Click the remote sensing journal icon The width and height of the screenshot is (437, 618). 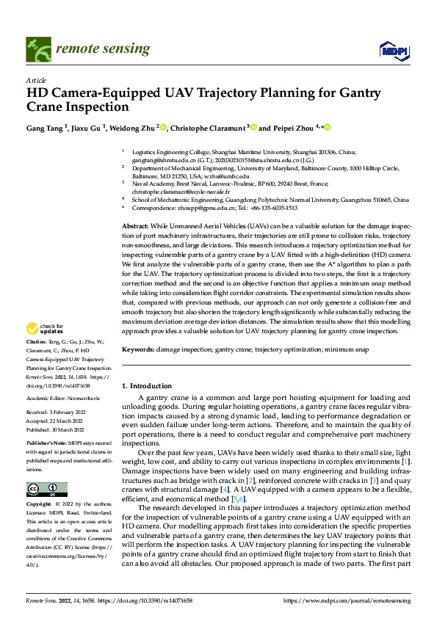[35, 49]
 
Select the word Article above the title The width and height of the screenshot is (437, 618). [36, 80]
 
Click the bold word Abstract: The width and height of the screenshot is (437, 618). [135, 226]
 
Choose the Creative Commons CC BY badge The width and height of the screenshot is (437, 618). [47, 489]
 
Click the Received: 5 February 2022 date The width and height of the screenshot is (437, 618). [57, 413]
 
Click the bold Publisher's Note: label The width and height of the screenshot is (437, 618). [46, 443]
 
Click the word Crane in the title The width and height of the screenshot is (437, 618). [45, 107]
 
